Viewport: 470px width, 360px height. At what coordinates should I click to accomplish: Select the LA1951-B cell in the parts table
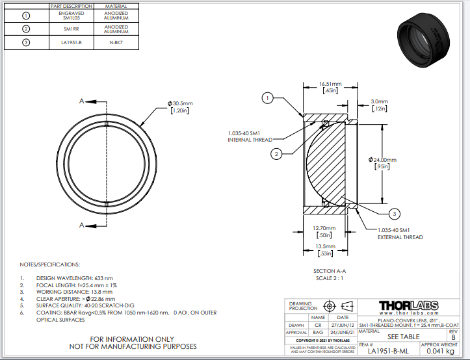pos(72,43)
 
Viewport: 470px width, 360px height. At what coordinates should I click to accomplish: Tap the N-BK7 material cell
pos(116,43)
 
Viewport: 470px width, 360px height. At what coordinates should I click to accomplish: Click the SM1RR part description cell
pos(72,29)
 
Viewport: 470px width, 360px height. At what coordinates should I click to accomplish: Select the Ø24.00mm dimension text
pos(384,159)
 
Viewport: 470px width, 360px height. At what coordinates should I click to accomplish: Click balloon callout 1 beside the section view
pos(267,98)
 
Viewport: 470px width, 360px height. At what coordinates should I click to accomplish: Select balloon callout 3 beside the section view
pos(394,213)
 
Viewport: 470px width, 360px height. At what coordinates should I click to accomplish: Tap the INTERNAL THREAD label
pos(250,139)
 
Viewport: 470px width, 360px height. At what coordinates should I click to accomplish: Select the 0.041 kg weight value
pos(440,352)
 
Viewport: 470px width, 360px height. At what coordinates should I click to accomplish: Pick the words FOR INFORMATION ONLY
pos(133,339)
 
